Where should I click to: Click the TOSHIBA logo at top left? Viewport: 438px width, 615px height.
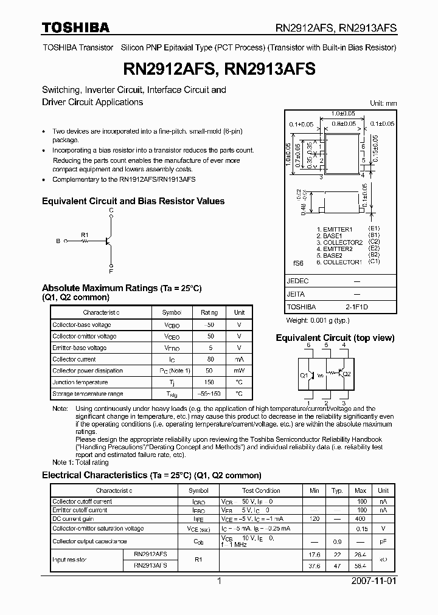click(75, 27)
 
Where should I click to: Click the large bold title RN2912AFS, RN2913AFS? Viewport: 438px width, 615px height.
click(218, 69)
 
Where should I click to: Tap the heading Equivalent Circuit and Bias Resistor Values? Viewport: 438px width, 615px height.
click(133, 201)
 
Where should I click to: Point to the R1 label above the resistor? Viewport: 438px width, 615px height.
click(85, 234)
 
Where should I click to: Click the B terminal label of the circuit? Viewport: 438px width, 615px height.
click(58, 241)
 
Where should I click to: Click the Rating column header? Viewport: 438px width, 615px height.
click(209, 312)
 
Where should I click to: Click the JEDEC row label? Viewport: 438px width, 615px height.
click(298, 281)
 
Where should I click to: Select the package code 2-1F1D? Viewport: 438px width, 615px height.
click(356, 307)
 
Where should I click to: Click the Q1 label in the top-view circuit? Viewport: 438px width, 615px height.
click(304, 375)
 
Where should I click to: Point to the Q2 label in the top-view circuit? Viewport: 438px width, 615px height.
click(347, 374)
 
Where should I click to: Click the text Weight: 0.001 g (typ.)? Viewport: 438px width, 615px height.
click(318, 320)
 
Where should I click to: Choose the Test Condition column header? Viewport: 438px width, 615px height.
click(260, 490)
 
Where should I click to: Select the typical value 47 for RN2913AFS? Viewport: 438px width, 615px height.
click(338, 565)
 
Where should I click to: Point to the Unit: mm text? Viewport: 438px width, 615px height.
click(383, 103)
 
